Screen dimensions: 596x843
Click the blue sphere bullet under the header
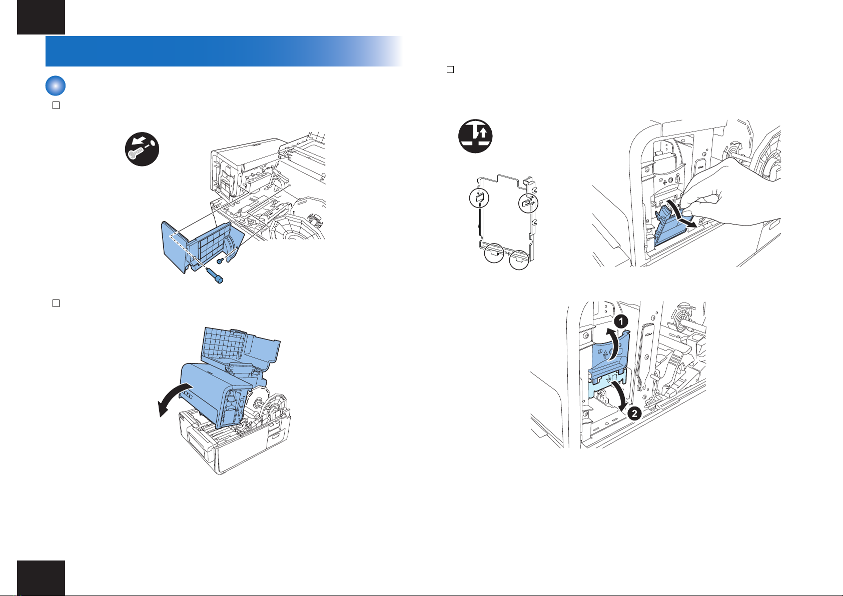point(56,86)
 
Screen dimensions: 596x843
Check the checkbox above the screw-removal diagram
point(56,105)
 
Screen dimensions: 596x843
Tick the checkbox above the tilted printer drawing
point(56,303)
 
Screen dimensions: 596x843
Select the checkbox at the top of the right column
point(450,69)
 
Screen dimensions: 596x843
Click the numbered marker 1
point(621,322)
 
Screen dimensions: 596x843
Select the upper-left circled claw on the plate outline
point(478,198)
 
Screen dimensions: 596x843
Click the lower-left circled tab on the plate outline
point(494,253)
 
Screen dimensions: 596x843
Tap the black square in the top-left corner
point(41,17)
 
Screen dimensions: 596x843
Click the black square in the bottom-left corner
point(41,577)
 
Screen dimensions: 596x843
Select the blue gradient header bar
point(225,51)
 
